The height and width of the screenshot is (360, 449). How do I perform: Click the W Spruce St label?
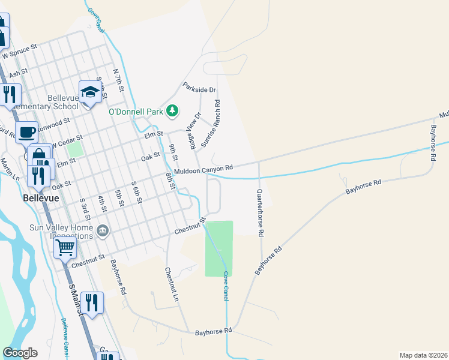click(x=20, y=50)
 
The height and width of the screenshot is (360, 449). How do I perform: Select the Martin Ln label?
click(x=10, y=169)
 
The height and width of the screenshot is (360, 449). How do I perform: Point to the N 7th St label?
click(x=118, y=80)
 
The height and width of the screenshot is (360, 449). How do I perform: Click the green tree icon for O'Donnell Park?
click(x=172, y=110)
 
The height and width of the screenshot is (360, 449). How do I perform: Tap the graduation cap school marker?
click(x=89, y=92)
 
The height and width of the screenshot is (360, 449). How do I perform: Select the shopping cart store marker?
click(x=65, y=246)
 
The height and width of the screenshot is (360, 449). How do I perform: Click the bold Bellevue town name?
click(x=41, y=198)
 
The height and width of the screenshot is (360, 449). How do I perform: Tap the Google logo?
click(x=20, y=353)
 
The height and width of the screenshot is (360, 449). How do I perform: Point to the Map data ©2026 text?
click(x=424, y=355)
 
